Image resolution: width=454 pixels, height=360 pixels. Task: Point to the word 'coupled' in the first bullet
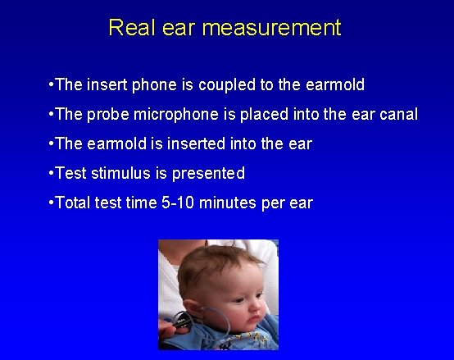click(214, 85)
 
